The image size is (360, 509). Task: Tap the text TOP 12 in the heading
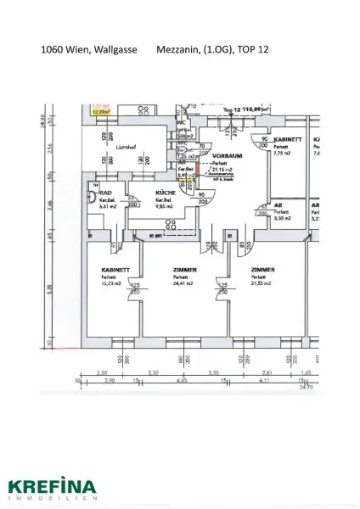coord(249,50)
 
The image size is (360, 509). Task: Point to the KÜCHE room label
coord(165,193)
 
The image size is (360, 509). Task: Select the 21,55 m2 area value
coord(262,284)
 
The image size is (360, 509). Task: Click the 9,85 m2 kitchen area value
coord(165,206)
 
